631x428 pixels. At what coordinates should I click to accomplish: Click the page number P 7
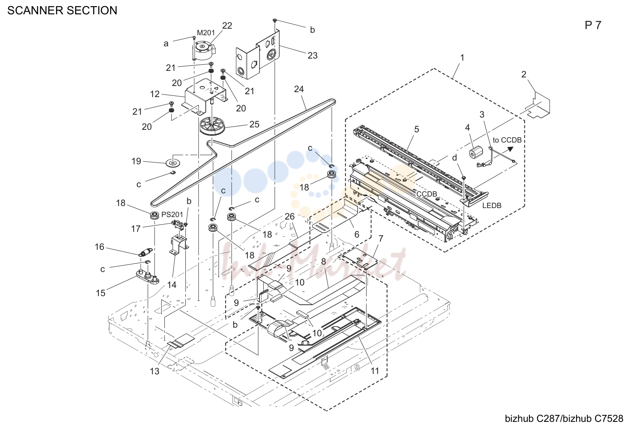[593, 25]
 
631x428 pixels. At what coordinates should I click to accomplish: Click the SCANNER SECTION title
[62, 11]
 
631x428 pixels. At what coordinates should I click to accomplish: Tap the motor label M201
[206, 33]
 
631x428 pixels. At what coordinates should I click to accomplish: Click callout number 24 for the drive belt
[299, 89]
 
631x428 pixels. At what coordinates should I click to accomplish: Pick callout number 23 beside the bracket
[312, 55]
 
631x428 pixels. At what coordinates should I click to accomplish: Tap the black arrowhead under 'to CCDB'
[510, 149]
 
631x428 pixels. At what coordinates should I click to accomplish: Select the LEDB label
[492, 206]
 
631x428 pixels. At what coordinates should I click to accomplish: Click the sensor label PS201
[172, 215]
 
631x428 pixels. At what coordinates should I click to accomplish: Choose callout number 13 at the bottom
[155, 371]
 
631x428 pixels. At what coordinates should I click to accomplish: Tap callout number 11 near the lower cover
[375, 371]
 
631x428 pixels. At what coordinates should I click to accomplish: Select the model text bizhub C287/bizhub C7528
[564, 419]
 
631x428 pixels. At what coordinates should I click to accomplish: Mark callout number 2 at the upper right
[524, 74]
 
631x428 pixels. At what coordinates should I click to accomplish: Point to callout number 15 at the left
[100, 293]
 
